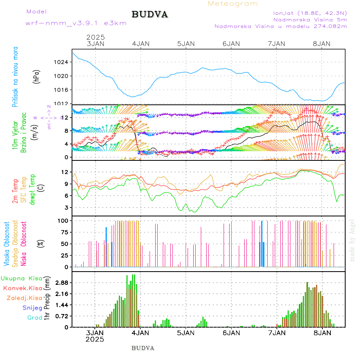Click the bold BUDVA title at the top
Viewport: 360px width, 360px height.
(x=150, y=15)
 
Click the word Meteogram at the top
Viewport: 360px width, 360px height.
(x=233, y=4)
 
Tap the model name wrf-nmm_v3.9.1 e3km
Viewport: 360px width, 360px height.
(x=76, y=23)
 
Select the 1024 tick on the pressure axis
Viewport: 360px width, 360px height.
(x=62, y=62)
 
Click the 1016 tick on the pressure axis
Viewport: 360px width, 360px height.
(x=62, y=90)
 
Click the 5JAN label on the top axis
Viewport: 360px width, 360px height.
(x=186, y=44)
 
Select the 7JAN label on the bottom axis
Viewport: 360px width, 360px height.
(x=276, y=332)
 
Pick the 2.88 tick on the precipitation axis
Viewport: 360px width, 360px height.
(x=62, y=282)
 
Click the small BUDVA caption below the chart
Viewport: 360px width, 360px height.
(x=143, y=348)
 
